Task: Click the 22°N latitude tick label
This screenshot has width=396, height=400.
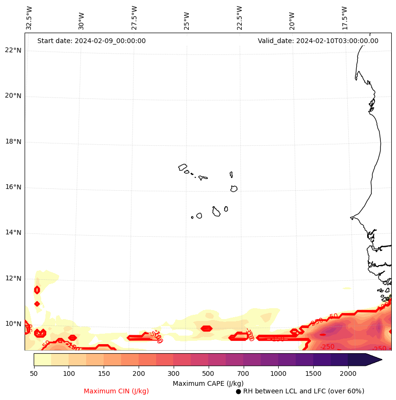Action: (x=13, y=51)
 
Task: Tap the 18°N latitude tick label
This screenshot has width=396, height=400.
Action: (x=13, y=142)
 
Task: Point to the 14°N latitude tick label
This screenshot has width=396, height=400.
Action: (x=13, y=232)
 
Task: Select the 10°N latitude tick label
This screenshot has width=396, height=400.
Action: (x=13, y=324)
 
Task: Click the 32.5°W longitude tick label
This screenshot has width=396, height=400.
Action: (x=29, y=18)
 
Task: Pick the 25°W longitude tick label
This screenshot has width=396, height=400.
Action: (x=187, y=21)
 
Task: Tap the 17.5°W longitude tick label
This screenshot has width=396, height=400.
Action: (x=345, y=18)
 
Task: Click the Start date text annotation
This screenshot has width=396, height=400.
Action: (x=91, y=41)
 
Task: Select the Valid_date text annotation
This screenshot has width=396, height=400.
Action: (x=318, y=41)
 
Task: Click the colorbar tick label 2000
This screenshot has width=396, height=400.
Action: (x=348, y=374)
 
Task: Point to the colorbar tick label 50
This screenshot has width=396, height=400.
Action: (x=34, y=374)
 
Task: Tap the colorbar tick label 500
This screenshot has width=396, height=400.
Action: (x=208, y=374)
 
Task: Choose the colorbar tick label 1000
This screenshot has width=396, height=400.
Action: (x=278, y=374)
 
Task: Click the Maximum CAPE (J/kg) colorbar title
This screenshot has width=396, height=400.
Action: (x=208, y=383)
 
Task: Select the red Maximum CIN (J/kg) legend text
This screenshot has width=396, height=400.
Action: (x=116, y=391)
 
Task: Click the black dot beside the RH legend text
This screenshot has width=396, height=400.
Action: (x=238, y=391)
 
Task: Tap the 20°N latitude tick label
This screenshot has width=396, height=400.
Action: (x=13, y=96)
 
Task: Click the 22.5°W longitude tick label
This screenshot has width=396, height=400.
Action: (x=239, y=18)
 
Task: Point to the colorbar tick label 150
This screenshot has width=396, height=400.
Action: (x=104, y=374)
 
